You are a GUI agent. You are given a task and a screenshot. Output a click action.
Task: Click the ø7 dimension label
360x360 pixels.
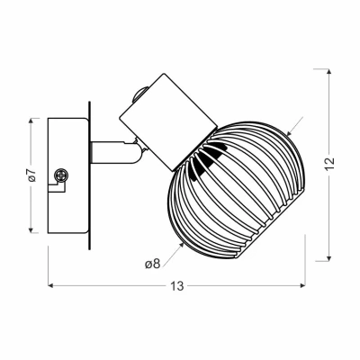pyautogui.click(x=32, y=175)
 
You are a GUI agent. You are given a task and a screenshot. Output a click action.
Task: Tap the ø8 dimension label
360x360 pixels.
pyautogui.click(x=153, y=264)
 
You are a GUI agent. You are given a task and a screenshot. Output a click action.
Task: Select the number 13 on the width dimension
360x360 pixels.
pyautogui.click(x=177, y=286)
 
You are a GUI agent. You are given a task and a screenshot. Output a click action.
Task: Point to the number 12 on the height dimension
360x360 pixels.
pyautogui.click(x=329, y=164)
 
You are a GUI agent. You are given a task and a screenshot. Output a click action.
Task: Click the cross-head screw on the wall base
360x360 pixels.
pyautogui.click(x=61, y=175)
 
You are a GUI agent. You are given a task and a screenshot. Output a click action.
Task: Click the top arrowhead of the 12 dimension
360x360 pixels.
pyautogui.click(x=329, y=71)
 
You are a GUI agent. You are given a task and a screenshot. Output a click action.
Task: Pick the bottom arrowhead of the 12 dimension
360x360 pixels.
pyautogui.click(x=329, y=258)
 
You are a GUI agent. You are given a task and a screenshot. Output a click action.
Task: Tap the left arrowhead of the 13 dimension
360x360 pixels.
pyautogui.click(x=50, y=285)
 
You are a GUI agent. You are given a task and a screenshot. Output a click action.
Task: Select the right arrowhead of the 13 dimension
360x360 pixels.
pyautogui.click(x=302, y=285)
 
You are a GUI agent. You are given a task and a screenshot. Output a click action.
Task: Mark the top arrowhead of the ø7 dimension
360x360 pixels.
pyautogui.click(x=31, y=121)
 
